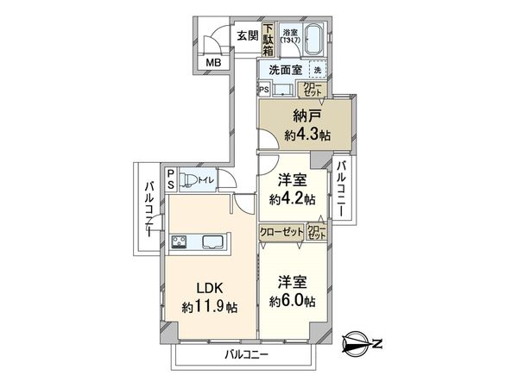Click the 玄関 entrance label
pos(247,35)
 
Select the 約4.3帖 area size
pos(306,135)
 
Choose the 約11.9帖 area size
pos(210,306)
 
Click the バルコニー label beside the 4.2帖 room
pos(343,191)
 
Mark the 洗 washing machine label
pos(317,69)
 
